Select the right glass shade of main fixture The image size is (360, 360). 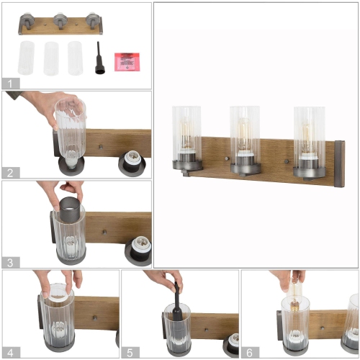tap(309, 135)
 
